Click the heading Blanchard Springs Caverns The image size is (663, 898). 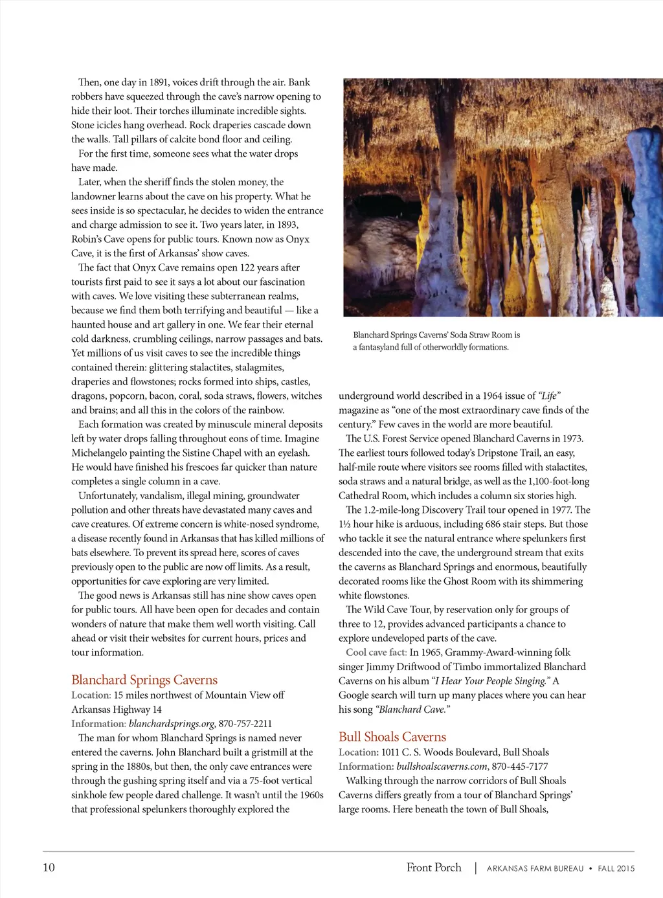coord(144,680)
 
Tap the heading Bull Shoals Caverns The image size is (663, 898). coord(392,737)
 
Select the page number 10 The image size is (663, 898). coord(49,868)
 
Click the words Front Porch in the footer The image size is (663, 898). coord(434,868)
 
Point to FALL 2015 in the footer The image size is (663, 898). coord(616,869)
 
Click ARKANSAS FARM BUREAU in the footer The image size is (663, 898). coord(535,869)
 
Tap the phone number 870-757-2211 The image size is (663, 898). coord(245,724)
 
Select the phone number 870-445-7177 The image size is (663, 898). coord(520,767)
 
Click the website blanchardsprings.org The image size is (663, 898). coord(172,724)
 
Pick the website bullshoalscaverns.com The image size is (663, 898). coord(442,767)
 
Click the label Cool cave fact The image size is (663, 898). coord(376,653)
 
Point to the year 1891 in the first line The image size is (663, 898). coord(159,82)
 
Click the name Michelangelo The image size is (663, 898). coord(103,453)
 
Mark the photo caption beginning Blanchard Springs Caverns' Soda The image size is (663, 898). coord(436,341)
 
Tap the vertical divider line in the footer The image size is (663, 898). coord(475,868)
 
